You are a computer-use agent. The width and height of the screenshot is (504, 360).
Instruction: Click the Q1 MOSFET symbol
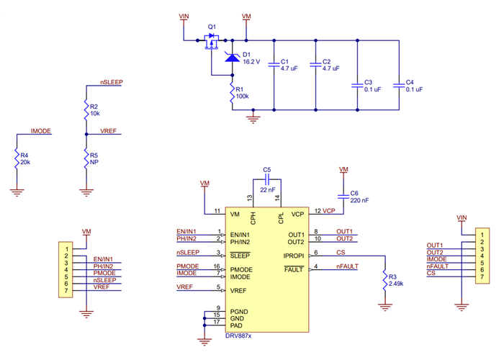coord(211,45)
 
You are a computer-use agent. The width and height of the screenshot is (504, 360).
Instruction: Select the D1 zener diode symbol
coord(232,57)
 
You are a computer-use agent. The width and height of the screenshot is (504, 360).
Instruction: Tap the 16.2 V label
coord(251,62)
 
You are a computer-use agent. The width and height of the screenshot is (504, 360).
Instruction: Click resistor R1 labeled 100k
coord(232,95)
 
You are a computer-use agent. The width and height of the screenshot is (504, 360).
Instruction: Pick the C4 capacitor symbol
coord(398,85)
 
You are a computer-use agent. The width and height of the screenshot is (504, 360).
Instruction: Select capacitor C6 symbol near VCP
coord(343,196)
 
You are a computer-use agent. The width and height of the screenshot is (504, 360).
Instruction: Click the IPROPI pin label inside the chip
coord(293,255)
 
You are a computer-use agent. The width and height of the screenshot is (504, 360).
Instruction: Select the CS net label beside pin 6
coord(341,252)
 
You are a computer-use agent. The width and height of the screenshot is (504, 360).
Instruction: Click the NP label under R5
coord(94,162)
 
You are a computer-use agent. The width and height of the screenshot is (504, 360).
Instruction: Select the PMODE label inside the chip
coord(241,269)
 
